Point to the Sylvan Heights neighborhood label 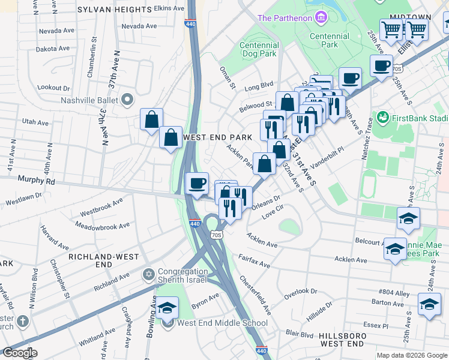coord(115,10)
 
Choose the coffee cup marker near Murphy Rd coord(197,184)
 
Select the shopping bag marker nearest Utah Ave coord(151,118)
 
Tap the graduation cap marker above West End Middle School coord(168,307)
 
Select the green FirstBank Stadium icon coord(382,116)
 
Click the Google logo coord(19,353)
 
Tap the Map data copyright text coord(411,355)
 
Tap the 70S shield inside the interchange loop coord(217,235)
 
